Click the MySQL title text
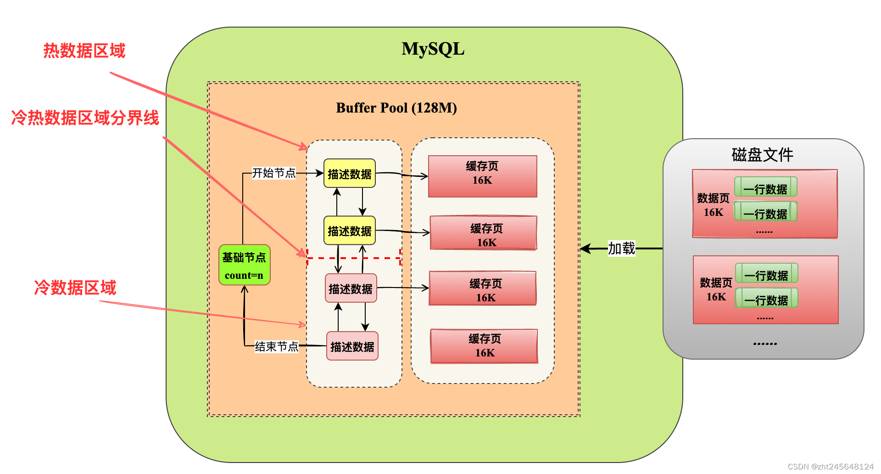click(433, 49)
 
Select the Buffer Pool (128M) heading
click(396, 107)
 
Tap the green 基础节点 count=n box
click(244, 265)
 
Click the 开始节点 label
click(274, 173)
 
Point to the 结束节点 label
click(276, 346)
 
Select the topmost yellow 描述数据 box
click(350, 174)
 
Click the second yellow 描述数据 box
click(350, 231)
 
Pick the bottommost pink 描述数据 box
click(352, 346)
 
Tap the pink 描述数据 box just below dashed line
click(351, 288)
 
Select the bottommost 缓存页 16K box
click(484, 346)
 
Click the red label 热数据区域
click(84, 51)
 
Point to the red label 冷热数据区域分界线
click(85, 118)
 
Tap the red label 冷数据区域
click(75, 288)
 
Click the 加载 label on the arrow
click(621, 248)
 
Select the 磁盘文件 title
click(762, 155)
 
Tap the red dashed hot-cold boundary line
click(354, 258)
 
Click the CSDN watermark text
click(831, 467)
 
